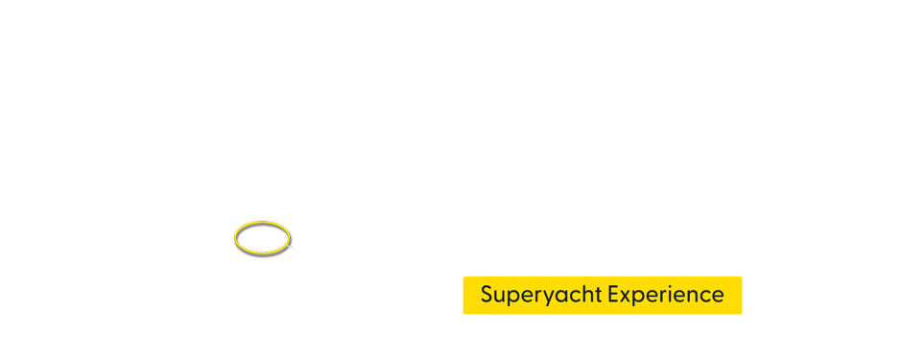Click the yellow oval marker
262,237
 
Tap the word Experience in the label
666,295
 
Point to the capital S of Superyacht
487,294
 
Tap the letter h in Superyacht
588,294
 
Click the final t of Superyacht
599,295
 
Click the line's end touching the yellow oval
289,246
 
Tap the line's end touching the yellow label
462,290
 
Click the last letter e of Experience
718,296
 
